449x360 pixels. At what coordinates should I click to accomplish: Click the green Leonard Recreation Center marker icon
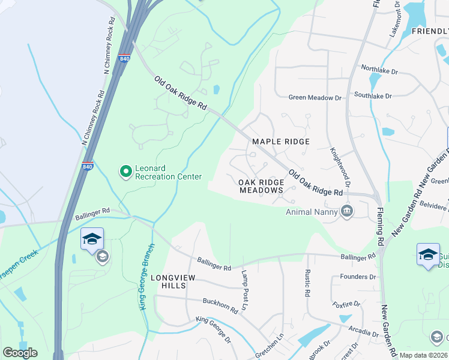(126, 172)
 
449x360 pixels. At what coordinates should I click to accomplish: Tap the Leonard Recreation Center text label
(169, 172)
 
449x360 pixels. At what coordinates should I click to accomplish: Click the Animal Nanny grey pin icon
(346, 211)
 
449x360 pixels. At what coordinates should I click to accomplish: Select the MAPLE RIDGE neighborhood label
(280, 142)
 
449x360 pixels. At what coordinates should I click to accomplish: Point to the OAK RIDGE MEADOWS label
(261, 186)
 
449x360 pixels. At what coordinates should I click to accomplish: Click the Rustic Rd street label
(307, 283)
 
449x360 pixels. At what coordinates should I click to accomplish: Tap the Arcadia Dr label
(362, 331)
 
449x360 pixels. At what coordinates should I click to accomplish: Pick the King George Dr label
(213, 329)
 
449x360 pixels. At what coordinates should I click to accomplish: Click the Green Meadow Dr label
(315, 97)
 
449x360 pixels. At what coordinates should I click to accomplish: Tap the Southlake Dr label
(372, 95)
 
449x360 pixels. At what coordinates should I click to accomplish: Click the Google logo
(20, 353)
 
